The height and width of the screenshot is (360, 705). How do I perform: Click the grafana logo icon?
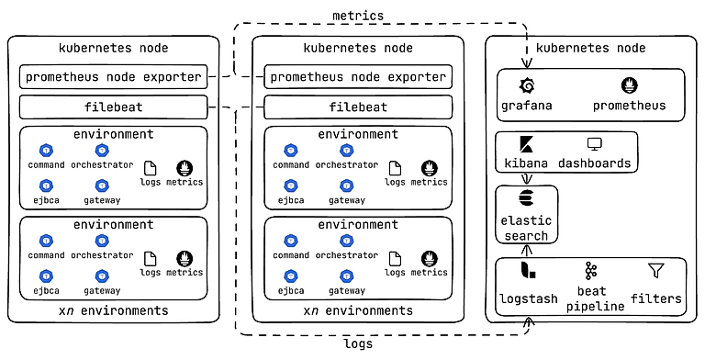pyautogui.click(x=527, y=86)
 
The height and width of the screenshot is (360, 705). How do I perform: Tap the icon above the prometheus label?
pyautogui.click(x=630, y=86)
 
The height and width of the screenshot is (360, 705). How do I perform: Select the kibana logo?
pyautogui.click(x=527, y=145)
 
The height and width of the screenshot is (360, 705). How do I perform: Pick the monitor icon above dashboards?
pyautogui.click(x=593, y=145)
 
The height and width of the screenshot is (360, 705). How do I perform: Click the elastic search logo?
pyautogui.click(x=525, y=199)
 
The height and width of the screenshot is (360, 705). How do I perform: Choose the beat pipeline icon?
pyautogui.click(x=591, y=271)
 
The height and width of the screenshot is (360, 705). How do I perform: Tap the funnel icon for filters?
pyautogui.click(x=656, y=271)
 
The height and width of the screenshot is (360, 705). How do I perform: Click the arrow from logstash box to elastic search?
pyautogui.click(x=525, y=251)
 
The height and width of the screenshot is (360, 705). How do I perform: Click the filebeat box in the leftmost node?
pyautogui.click(x=114, y=107)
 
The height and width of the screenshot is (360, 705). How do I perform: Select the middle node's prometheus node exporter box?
pyautogui.click(x=359, y=77)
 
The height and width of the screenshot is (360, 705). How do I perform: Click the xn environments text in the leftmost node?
pyautogui.click(x=114, y=310)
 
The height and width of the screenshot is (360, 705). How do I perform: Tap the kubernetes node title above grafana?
pyautogui.click(x=590, y=47)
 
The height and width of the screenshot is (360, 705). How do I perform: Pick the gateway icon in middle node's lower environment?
pyautogui.click(x=346, y=276)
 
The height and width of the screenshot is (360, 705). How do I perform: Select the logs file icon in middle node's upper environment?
pyautogui.click(x=395, y=167)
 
